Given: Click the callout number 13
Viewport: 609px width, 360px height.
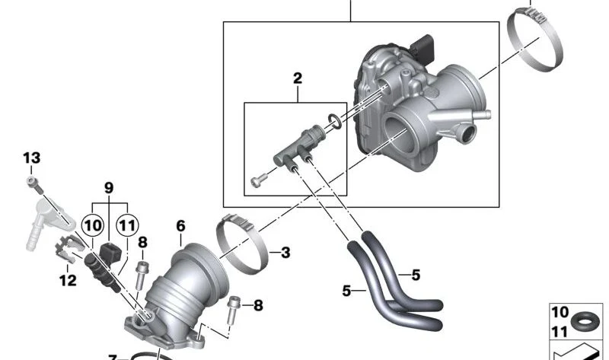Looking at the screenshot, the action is click(x=31, y=158).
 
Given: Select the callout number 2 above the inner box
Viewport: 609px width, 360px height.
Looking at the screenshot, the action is click(x=298, y=78).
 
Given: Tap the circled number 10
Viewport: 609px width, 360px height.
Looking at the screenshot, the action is click(x=93, y=225).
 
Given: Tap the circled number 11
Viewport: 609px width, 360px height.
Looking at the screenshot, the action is click(x=128, y=225).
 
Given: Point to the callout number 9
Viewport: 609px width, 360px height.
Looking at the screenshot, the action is click(x=109, y=188).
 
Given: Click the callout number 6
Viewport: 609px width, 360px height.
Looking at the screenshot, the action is click(x=180, y=226).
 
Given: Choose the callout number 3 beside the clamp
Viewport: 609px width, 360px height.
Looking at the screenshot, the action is click(x=285, y=253).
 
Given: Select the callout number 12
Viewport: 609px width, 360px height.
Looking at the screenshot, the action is click(x=68, y=280).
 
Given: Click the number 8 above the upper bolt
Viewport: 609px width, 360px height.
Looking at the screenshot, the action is click(x=142, y=242).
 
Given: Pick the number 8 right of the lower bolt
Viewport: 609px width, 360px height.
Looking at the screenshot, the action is click(x=258, y=306).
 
